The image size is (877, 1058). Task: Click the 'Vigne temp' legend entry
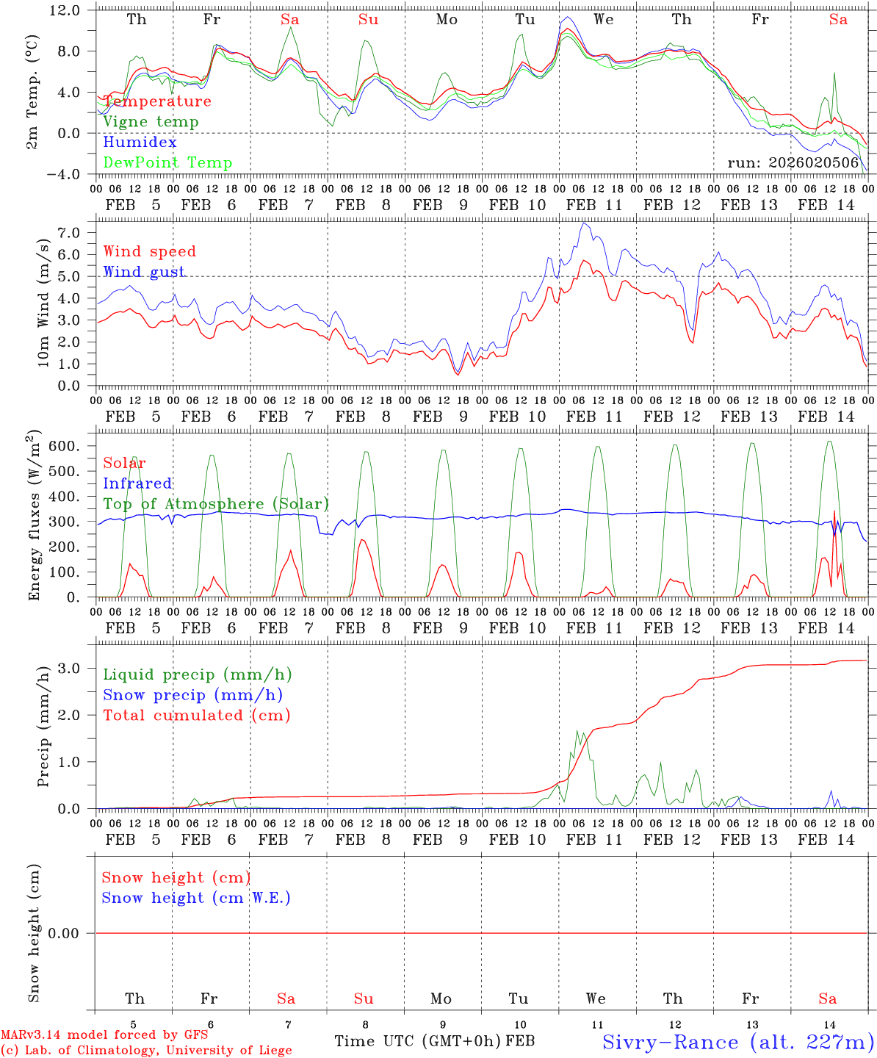(x=151, y=122)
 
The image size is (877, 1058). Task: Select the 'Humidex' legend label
(x=140, y=143)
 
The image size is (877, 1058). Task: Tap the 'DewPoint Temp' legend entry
(x=167, y=163)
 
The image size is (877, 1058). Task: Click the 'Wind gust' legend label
(x=144, y=272)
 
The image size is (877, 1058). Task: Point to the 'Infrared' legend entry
(x=137, y=483)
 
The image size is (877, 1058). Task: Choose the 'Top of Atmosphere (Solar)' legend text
(x=216, y=504)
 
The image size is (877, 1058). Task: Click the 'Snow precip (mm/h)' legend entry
(x=192, y=695)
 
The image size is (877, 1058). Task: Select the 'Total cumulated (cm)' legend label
(x=197, y=716)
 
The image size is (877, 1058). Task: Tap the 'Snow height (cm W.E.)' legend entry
(x=196, y=898)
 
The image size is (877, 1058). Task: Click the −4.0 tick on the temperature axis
(x=65, y=174)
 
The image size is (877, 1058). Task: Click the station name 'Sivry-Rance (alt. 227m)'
(x=737, y=1042)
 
